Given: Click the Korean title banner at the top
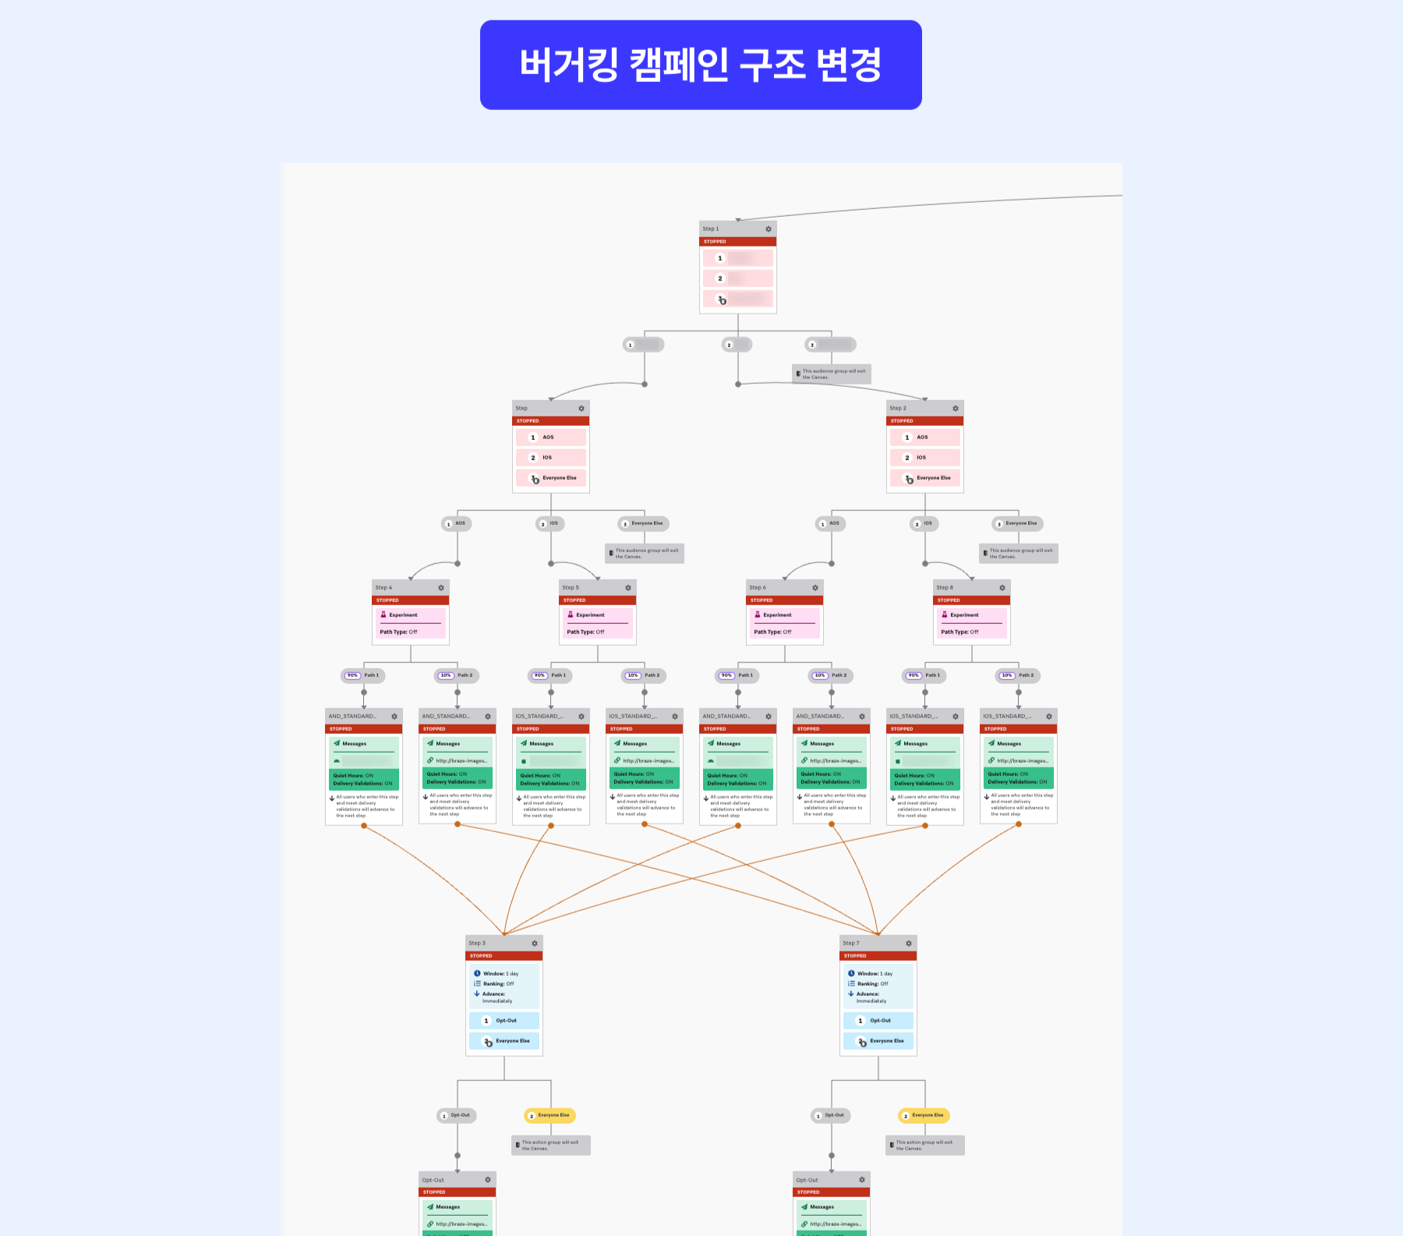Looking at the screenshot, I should pyautogui.click(x=700, y=65).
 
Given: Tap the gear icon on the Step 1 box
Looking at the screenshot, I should pyautogui.click(x=768, y=229).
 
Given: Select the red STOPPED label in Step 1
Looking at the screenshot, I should pyautogui.click(x=715, y=242).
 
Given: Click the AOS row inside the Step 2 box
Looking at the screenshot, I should pyautogui.click(x=924, y=437).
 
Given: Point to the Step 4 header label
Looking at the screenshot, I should pyautogui.click(x=383, y=588).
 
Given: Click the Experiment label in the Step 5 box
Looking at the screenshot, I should pyautogui.click(x=590, y=615).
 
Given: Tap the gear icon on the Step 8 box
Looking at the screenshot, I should pyautogui.click(x=1002, y=588).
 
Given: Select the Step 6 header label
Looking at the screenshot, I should pyautogui.click(x=758, y=588).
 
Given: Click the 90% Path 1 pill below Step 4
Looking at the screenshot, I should pyautogui.click(x=362, y=675).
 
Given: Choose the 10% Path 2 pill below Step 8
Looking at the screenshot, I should pyautogui.click(x=1017, y=675).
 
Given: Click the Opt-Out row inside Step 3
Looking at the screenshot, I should pyautogui.click(x=504, y=1021).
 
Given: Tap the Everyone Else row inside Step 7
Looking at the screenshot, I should pyautogui.click(x=878, y=1041).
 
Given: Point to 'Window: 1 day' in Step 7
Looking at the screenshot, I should pyautogui.click(x=875, y=974).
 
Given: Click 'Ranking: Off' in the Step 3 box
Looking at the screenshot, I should pyautogui.click(x=498, y=984).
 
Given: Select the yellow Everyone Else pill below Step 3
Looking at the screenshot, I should pyautogui.click(x=550, y=1115).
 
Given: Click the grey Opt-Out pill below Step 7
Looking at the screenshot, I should pyautogui.click(x=831, y=1115).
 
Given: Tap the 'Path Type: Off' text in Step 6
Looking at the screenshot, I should pyautogui.click(x=772, y=632).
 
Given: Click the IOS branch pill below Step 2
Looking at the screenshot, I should pyautogui.click(x=924, y=524).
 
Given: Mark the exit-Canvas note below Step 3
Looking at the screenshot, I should pyautogui.click(x=550, y=1145).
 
